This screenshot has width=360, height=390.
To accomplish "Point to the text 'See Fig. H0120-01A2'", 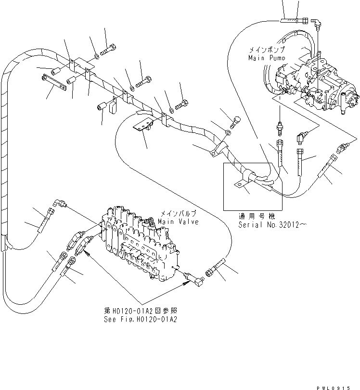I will (141, 319).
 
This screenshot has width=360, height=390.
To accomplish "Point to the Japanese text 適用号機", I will (253, 217).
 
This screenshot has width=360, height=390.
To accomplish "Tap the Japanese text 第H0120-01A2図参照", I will (141, 312).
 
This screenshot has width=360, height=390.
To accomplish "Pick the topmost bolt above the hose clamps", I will (108, 49).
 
